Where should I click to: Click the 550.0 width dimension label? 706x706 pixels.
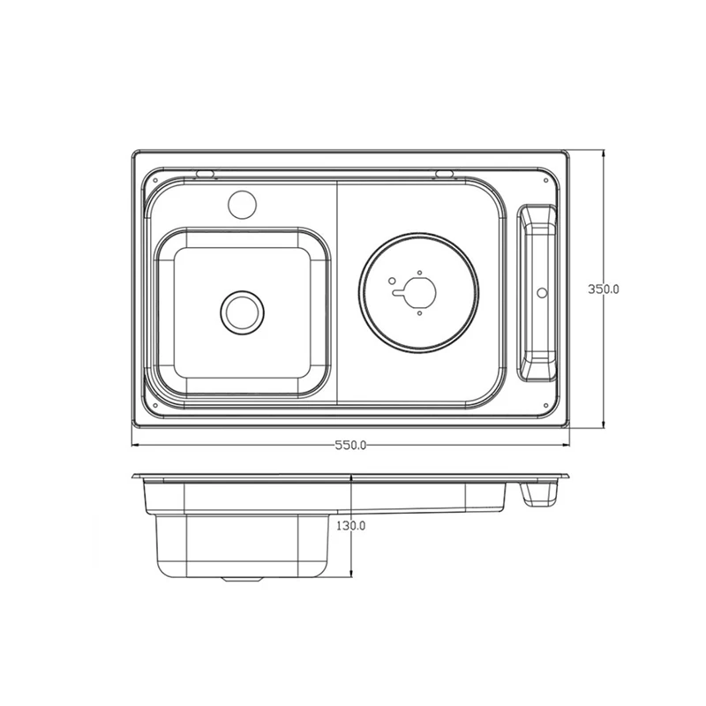(350, 446)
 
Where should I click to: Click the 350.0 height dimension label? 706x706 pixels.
(604, 289)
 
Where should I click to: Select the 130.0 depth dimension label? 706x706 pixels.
(350, 525)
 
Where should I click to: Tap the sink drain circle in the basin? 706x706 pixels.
(242, 313)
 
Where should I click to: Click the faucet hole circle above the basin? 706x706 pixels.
(242, 206)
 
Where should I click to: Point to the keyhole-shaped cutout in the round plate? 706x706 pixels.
(417, 292)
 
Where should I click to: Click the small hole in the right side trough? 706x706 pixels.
(542, 293)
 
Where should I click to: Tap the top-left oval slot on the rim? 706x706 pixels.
(205, 174)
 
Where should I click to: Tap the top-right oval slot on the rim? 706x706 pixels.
(444, 174)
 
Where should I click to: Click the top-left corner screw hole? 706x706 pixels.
(155, 181)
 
